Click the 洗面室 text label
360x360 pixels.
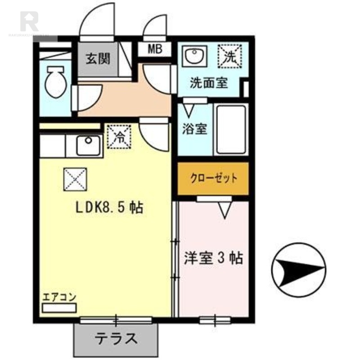[x=208, y=83]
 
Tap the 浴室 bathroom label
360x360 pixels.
[x=194, y=129]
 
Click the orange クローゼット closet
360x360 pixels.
[x=213, y=178]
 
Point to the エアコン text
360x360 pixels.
[x=59, y=297]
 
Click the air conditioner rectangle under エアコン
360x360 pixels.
[x=59, y=308]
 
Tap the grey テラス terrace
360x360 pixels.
[x=116, y=337]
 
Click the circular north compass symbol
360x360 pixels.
[x=298, y=270]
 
